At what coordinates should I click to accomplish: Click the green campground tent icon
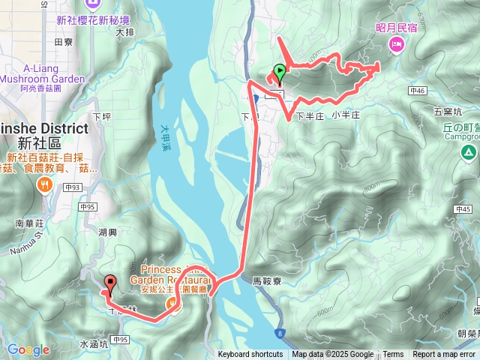point(468,152)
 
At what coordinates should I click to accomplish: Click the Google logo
point(28,349)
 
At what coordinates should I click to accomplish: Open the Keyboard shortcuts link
point(250,355)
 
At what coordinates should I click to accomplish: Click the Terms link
point(393,355)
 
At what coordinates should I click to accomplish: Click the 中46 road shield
point(418,91)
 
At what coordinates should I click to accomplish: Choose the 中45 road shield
point(463,209)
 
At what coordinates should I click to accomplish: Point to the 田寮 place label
point(64,43)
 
